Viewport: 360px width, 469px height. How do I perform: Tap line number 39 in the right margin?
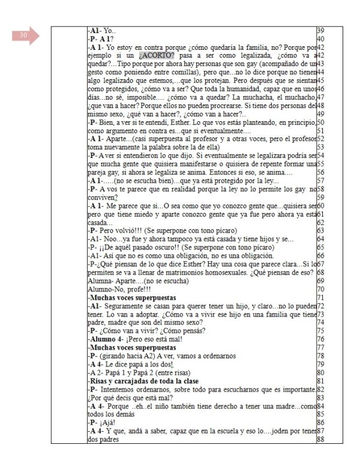coord(320,29)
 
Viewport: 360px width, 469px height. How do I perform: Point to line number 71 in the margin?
coord(320,297)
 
